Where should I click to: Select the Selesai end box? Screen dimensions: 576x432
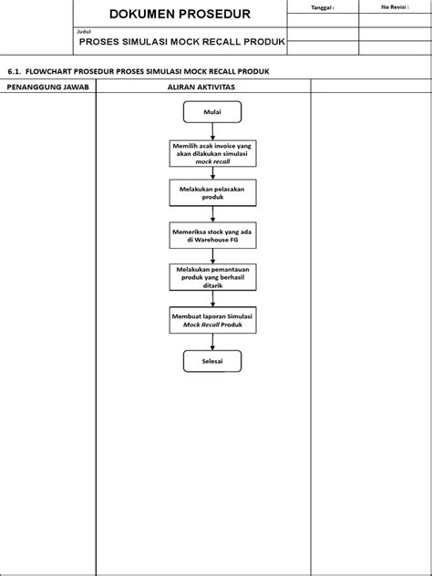point(212,362)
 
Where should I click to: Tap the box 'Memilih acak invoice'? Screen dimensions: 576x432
point(212,153)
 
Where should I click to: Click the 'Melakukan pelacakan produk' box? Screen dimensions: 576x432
point(212,192)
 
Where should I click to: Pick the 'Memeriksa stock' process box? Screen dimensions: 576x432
point(212,236)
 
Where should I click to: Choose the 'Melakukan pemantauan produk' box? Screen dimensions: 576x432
point(212,277)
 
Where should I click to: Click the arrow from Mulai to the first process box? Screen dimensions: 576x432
point(212,131)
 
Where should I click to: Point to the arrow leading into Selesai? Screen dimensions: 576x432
point(212,342)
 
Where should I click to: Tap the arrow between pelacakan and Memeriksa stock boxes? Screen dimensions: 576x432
point(212,214)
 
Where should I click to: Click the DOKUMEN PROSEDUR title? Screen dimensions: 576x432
point(181,15)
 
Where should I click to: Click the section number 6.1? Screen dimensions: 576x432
point(13,70)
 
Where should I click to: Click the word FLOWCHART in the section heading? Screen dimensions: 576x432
point(53,70)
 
